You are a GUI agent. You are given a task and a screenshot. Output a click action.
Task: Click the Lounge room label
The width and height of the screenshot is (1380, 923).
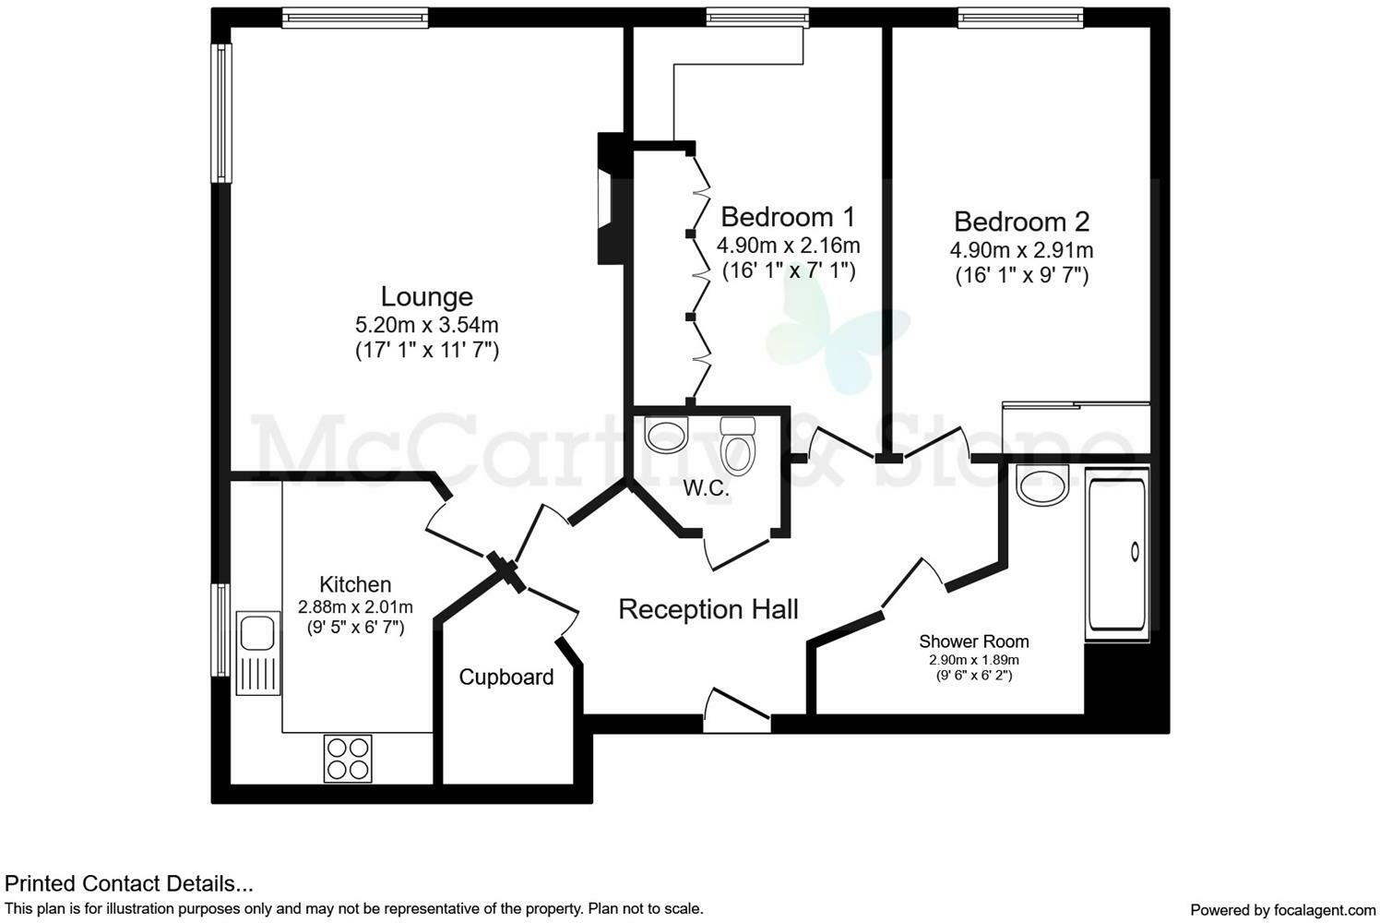coord(426,296)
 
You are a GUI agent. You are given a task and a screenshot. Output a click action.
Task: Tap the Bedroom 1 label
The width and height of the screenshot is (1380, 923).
coord(788,217)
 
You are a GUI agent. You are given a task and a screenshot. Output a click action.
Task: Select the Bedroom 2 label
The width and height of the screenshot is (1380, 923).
coord(1021,222)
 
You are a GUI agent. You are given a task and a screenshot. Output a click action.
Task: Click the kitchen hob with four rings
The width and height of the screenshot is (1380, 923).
coord(348,758)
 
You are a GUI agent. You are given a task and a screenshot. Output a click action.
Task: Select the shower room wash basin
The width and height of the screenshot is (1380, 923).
coord(1041,484)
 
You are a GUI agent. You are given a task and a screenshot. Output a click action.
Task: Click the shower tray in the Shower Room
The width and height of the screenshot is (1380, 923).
coord(1117,555)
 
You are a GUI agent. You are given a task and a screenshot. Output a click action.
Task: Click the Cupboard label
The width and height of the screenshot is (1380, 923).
coord(506,677)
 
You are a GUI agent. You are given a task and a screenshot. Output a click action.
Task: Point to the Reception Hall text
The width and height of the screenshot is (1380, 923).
coord(708,609)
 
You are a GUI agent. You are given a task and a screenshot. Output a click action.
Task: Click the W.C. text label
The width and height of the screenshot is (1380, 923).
coord(706,489)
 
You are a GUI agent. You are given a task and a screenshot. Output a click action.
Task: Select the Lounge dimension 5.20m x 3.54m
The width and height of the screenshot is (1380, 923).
coord(426,325)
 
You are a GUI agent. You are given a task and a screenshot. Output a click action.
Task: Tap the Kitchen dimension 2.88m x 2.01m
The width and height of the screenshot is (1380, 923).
coord(355,607)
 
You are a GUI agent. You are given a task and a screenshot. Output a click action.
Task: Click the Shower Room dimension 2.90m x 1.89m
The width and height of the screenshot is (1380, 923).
coord(973,660)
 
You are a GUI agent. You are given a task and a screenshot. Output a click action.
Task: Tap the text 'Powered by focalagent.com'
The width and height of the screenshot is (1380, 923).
coord(1282,909)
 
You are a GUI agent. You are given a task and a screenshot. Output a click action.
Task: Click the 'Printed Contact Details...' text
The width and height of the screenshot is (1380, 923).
coord(129,884)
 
